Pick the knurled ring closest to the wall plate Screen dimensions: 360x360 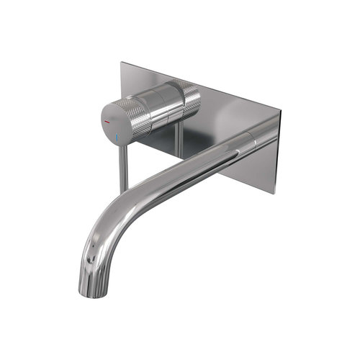coord(188,97)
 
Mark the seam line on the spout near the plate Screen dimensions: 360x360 coord(252,137)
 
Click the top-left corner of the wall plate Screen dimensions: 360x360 coord(122,63)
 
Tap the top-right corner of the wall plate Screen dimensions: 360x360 coord(280,112)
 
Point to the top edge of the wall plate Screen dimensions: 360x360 coord(202,86)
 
